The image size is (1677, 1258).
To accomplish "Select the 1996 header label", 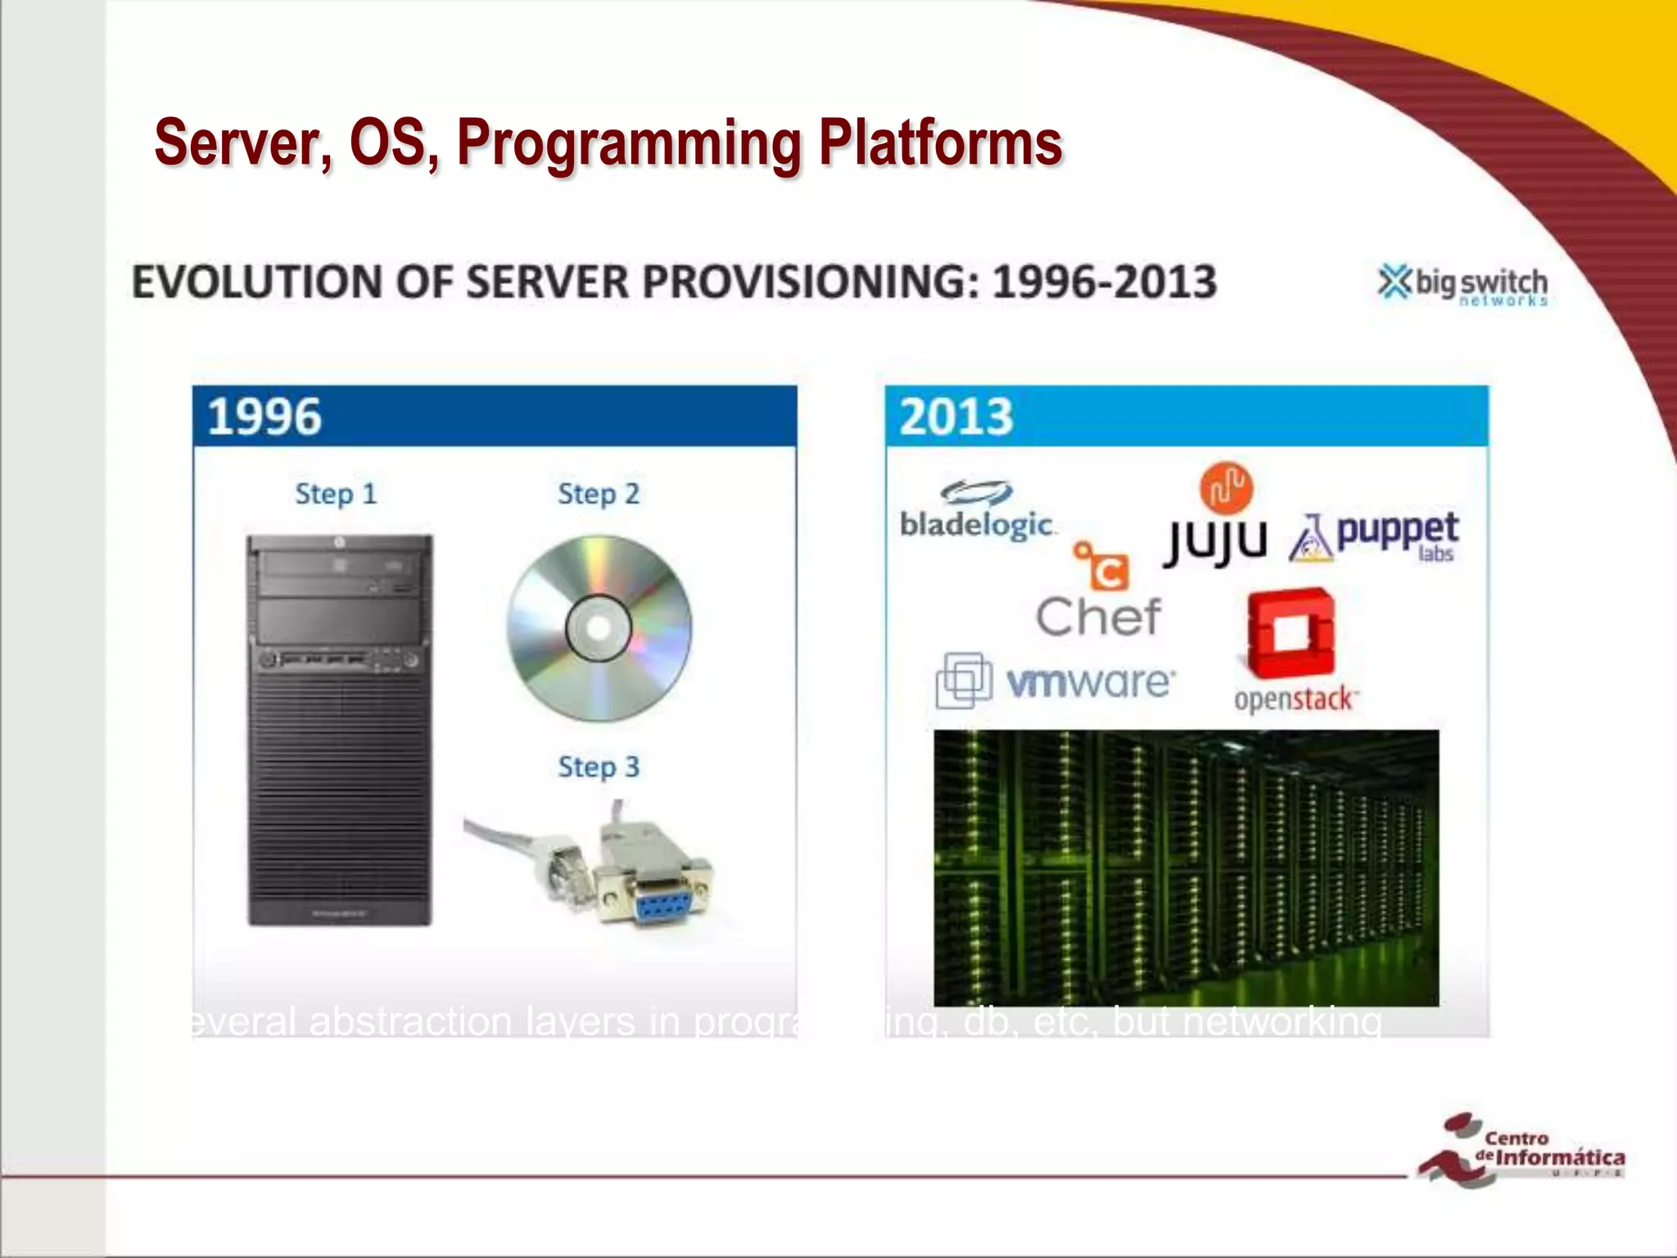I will (x=264, y=416).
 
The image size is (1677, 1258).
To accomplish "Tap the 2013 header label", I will (x=956, y=416).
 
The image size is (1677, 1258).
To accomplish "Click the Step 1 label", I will (x=336, y=494).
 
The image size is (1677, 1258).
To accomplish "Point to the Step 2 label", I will (x=598, y=494).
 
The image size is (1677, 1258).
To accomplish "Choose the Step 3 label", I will (x=598, y=767).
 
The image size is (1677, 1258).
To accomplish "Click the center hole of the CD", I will (x=599, y=628).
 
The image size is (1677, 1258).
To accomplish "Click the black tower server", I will (x=340, y=729).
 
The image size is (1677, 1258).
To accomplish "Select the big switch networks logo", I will (x=1463, y=285).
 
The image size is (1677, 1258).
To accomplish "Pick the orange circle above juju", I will (x=1226, y=487).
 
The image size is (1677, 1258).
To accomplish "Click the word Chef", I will (x=1097, y=617).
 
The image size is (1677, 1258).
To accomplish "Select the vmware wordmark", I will (x=1090, y=681).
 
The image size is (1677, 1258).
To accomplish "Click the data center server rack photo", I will (x=1186, y=867).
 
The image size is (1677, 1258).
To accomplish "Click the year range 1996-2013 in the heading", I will (x=1104, y=282).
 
